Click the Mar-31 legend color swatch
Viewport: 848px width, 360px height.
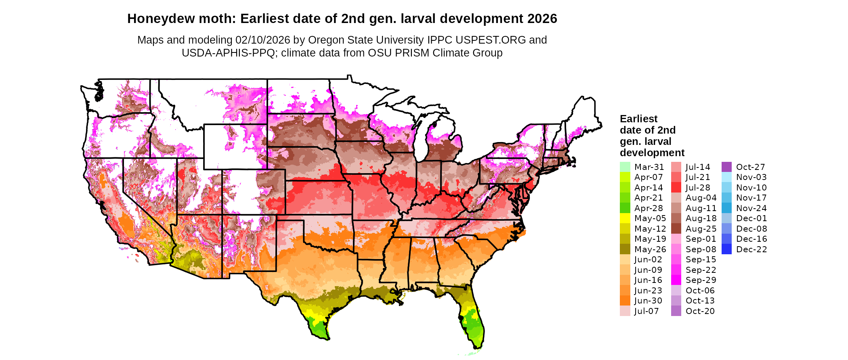point(625,167)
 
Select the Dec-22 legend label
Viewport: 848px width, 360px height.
point(751,249)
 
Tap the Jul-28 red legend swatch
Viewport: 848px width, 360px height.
point(676,188)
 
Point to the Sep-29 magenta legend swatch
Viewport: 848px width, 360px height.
point(676,280)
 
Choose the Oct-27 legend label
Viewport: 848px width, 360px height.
point(750,167)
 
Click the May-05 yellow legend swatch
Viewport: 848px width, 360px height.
point(625,218)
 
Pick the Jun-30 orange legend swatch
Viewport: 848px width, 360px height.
point(625,301)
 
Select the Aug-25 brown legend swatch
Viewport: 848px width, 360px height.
point(676,229)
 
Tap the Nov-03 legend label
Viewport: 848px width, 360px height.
point(751,177)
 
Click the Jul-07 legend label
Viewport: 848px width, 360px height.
point(646,311)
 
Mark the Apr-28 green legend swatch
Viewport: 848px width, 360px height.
point(625,208)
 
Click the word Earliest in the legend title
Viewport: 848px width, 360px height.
point(638,119)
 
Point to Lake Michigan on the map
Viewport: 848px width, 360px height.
point(422,139)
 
